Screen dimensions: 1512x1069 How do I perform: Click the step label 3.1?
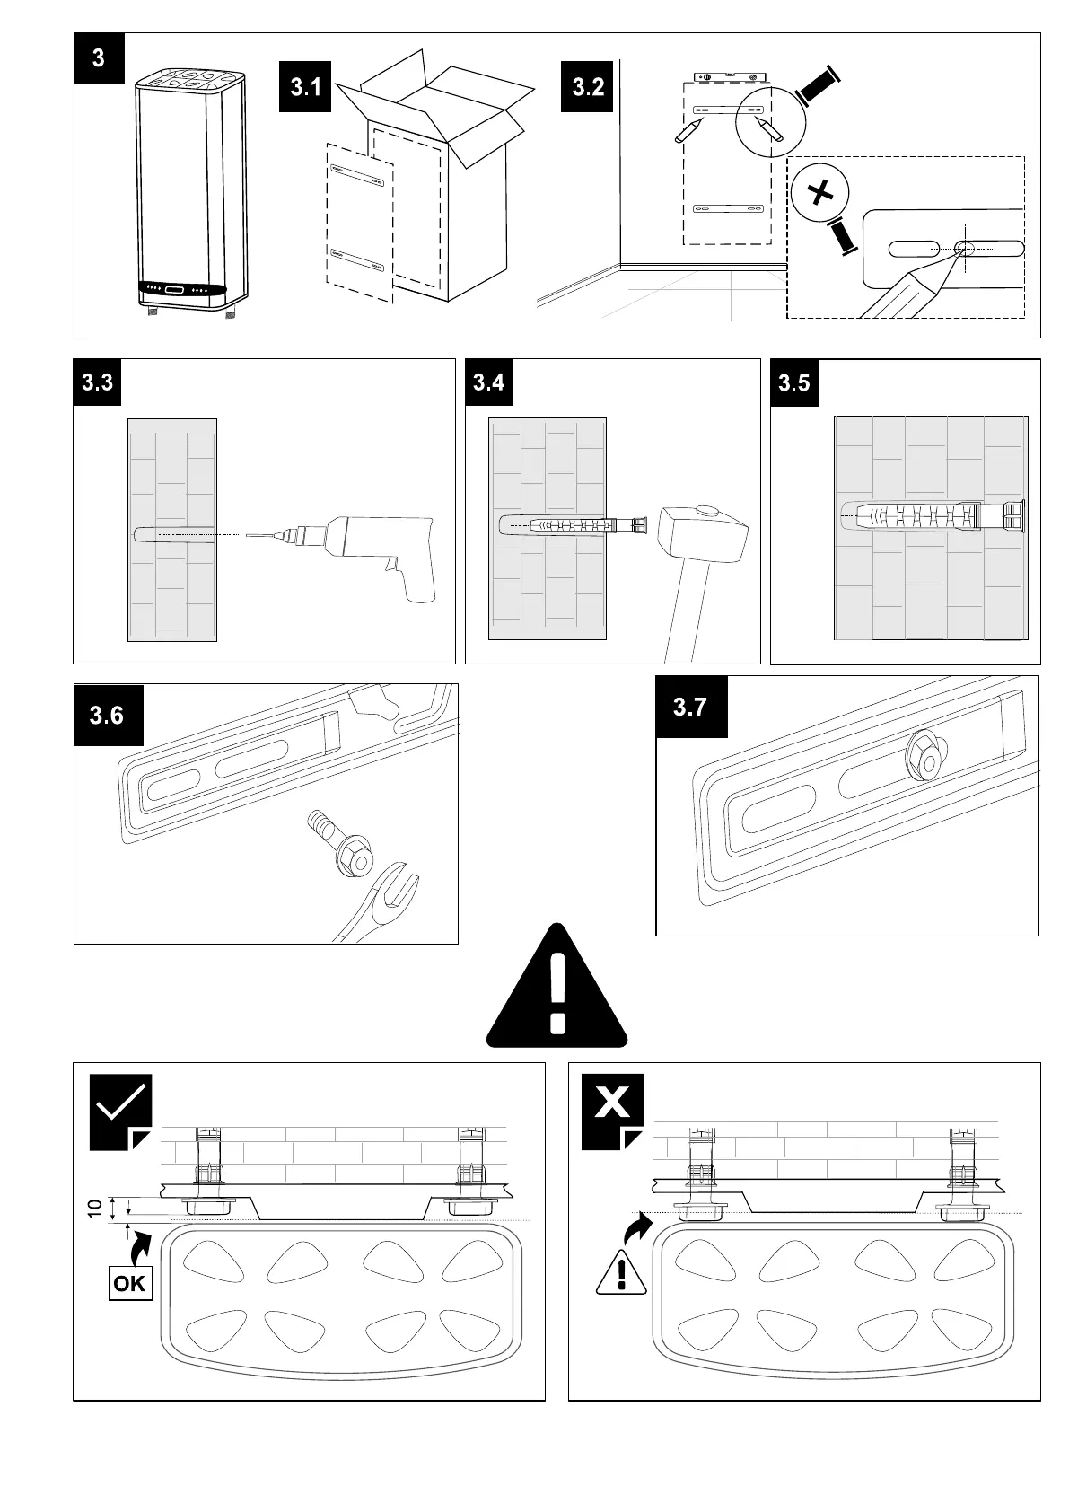306,87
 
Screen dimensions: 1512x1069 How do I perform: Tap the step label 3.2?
587,87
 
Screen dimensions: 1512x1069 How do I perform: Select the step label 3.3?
97,382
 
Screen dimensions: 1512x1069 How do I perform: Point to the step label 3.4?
488,382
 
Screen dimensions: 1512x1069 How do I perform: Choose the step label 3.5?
794,383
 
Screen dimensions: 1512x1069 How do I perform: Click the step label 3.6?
107,716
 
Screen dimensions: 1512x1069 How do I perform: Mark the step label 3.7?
690,708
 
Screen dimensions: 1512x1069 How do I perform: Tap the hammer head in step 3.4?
699,533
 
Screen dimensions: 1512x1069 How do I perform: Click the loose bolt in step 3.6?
343,845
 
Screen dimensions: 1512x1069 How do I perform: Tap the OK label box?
129,1283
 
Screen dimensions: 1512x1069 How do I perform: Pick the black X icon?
612,1104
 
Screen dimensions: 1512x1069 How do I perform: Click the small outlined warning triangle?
621,1273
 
